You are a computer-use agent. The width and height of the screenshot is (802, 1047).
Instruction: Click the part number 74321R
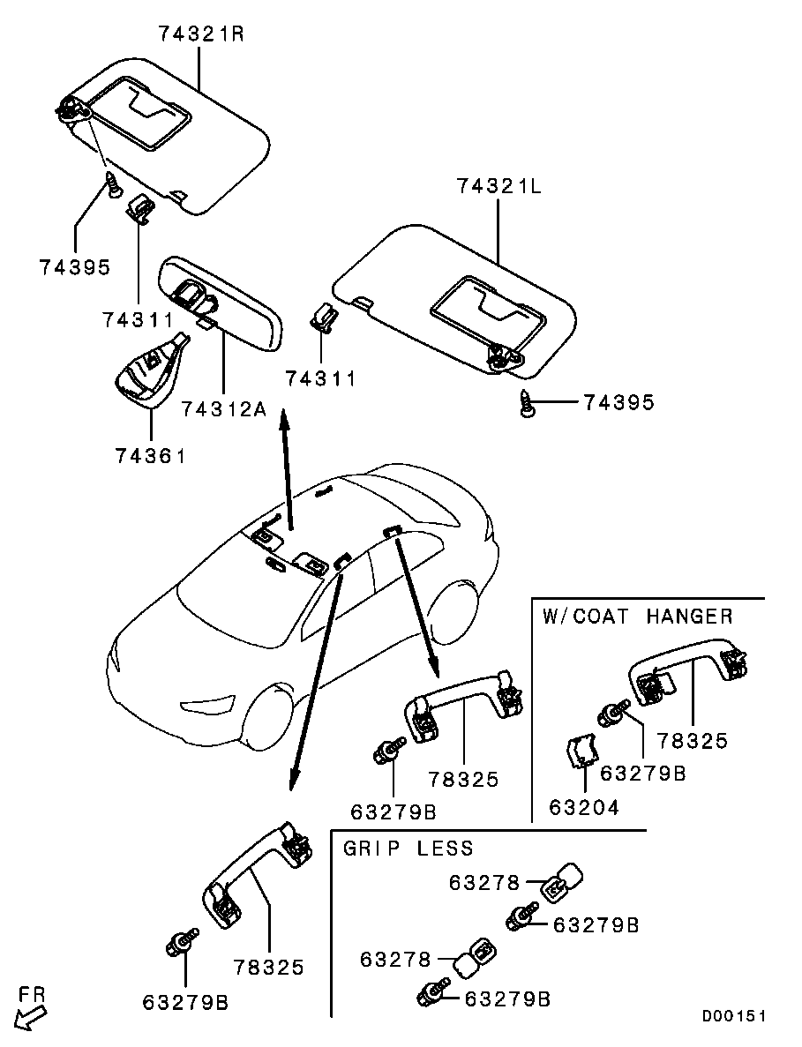click(201, 34)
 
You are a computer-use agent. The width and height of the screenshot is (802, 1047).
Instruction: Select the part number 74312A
click(224, 408)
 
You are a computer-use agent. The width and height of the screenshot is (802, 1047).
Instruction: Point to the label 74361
click(150, 455)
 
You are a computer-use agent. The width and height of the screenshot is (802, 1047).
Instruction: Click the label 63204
click(584, 807)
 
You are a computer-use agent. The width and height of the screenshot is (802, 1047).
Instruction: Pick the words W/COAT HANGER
click(638, 616)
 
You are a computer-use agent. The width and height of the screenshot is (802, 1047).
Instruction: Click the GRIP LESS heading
click(408, 848)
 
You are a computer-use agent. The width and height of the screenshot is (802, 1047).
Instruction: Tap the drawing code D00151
click(733, 1015)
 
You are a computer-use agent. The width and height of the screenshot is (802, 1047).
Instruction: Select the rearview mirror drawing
click(221, 303)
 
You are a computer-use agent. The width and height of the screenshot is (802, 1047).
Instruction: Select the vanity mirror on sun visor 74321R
click(139, 110)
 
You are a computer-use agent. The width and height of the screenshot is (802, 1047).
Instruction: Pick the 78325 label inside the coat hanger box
click(692, 741)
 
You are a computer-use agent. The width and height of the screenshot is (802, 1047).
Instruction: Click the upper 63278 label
click(484, 883)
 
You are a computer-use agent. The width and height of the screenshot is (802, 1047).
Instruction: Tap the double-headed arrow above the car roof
click(286, 471)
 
